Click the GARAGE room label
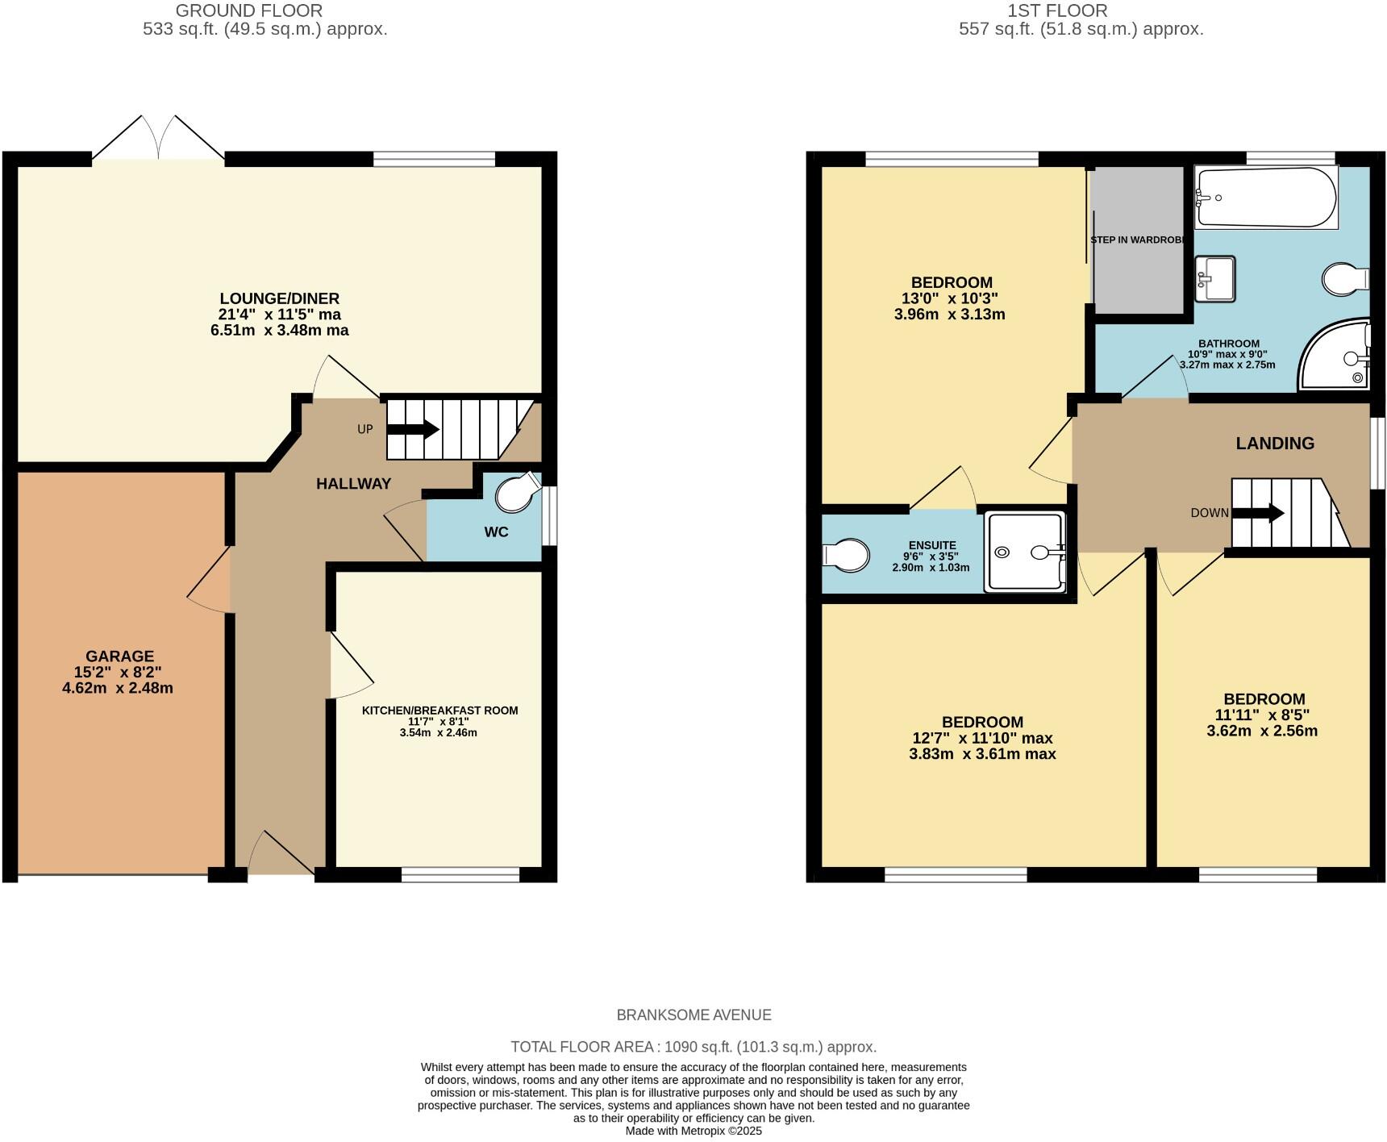click(119, 656)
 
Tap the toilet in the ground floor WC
click(516, 493)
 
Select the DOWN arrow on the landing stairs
click(1258, 513)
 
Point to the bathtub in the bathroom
click(1264, 198)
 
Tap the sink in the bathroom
click(1215, 277)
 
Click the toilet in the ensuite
click(846, 556)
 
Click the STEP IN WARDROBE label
click(1137, 240)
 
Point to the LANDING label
click(1275, 443)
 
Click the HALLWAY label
click(353, 484)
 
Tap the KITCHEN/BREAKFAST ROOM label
click(439, 711)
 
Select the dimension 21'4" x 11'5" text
click(280, 315)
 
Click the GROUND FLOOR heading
click(249, 10)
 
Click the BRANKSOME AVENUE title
click(693, 1015)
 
